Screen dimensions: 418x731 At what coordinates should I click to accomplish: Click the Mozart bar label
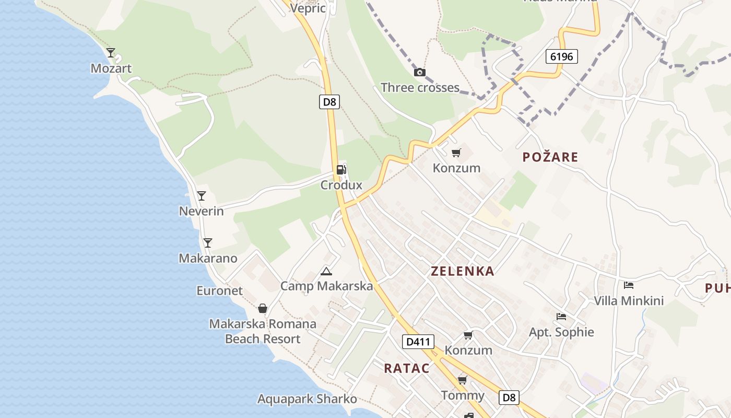(111, 68)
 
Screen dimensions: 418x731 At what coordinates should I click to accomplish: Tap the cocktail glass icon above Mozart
(111, 52)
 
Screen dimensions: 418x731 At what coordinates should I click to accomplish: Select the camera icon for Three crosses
(419, 72)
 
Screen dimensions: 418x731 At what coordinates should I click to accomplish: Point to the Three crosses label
(420, 87)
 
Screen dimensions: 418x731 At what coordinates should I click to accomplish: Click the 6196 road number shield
(562, 56)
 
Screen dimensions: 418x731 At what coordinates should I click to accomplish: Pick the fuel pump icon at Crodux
(341, 169)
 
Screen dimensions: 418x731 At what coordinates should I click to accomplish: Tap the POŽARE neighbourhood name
(550, 157)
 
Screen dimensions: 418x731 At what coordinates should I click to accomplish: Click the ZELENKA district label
(462, 271)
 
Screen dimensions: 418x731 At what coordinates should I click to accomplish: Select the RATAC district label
(407, 368)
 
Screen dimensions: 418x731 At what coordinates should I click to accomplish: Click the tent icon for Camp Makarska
(326, 271)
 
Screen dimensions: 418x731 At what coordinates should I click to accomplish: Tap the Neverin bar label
(201, 211)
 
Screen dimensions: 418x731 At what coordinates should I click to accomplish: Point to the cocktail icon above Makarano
(208, 242)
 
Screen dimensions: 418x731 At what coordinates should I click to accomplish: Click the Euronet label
(219, 291)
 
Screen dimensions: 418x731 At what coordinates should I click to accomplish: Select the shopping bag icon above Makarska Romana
(263, 308)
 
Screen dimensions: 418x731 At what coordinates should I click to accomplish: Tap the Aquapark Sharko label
(307, 399)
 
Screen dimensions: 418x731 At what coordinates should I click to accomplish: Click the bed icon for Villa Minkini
(629, 285)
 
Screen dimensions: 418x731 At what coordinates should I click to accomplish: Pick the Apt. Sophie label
(561, 332)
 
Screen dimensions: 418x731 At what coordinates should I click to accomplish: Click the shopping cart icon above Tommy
(462, 380)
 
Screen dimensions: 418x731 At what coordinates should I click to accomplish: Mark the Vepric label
(308, 8)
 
